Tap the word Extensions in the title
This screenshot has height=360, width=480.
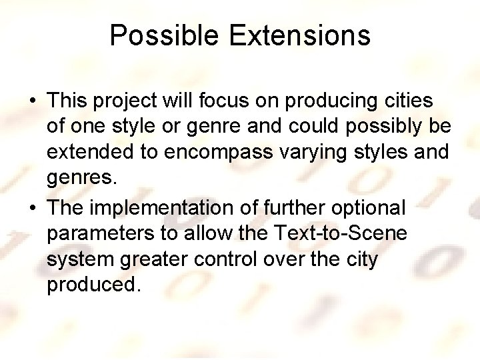coord(299,35)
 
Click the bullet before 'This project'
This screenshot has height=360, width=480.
coord(33,101)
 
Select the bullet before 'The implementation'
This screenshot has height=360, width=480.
coord(33,208)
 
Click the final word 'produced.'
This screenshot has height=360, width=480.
coord(94,285)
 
